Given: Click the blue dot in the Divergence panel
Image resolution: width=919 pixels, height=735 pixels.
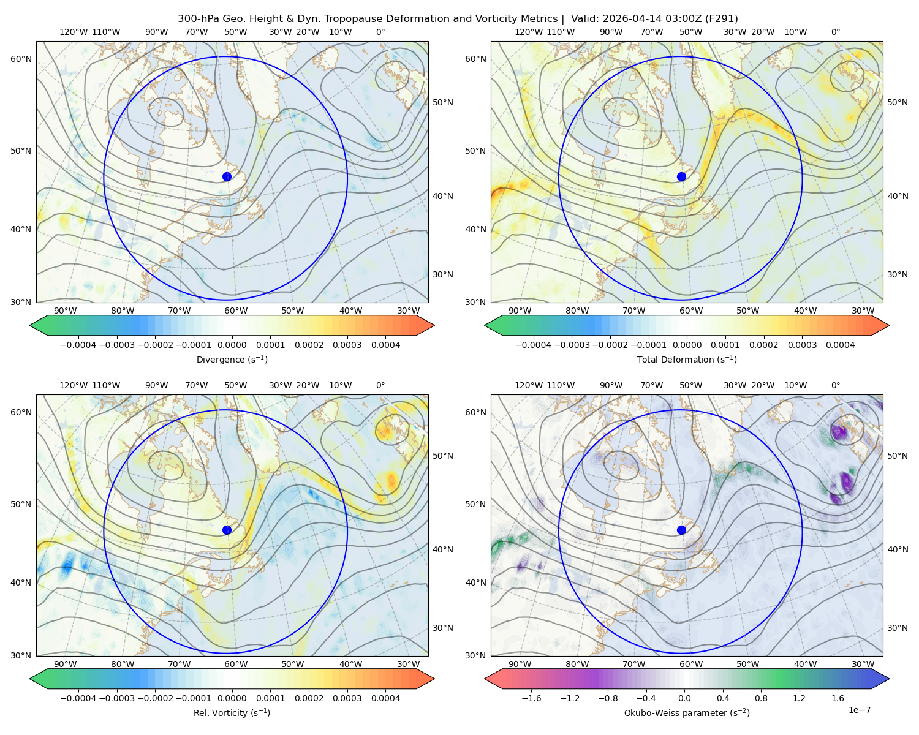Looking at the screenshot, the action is coord(227,177).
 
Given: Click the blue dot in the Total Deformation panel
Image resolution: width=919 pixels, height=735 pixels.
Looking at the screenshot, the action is coord(681,177).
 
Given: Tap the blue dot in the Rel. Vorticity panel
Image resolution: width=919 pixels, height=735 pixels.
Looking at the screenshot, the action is coord(227,530).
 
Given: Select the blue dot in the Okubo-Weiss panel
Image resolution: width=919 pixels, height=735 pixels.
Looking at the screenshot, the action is coord(681,530).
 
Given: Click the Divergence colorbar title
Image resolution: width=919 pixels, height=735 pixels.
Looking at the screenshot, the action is coord(232,360).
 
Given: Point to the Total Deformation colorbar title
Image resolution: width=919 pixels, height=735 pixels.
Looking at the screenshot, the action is coord(687,360).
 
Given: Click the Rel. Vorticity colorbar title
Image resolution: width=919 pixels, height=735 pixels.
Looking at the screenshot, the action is coord(232,713).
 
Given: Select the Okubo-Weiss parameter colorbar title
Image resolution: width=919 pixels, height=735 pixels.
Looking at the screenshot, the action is coord(687,713).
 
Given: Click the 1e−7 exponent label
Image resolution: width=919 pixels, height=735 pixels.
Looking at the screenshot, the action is coord(859,710).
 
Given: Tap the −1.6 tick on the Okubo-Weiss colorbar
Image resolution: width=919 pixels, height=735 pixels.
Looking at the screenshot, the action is coord(531,698).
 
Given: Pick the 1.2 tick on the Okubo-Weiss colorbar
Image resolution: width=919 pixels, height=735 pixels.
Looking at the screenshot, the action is coord(799,698).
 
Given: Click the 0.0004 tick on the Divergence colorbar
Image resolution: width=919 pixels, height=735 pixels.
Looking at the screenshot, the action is coord(385,345).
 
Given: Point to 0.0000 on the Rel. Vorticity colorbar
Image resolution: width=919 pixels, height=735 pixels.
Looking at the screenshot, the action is coord(232,698).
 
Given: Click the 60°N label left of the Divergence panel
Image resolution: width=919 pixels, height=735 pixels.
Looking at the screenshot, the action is coord(21,59).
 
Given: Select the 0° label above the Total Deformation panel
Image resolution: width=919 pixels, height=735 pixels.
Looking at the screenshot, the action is coord(835,32).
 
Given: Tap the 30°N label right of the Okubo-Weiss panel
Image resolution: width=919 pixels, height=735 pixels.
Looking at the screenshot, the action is coord(897,628).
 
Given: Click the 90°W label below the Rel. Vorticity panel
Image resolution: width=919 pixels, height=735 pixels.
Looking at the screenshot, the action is coord(66,664).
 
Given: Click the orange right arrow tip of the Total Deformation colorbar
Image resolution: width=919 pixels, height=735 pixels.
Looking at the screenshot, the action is coord(889,325).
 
